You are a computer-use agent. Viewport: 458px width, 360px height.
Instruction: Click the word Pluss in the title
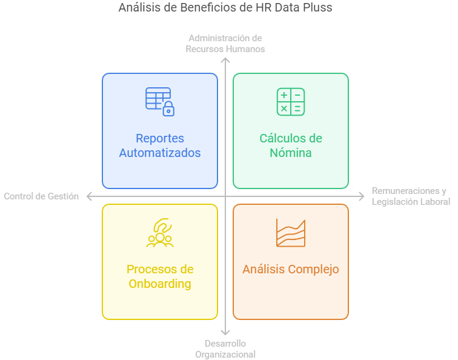pyautogui.click(x=318, y=8)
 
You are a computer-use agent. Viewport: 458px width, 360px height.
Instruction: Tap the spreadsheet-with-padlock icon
pyautogui.click(x=160, y=101)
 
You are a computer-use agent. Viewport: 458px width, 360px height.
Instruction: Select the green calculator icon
pyautogui.click(x=291, y=101)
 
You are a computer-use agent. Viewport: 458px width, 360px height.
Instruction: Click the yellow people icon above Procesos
pyautogui.click(x=160, y=233)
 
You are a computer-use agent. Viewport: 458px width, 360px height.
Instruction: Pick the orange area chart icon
pyautogui.click(x=291, y=233)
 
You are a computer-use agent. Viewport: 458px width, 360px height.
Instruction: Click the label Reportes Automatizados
pyautogui.click(x=160, y=145)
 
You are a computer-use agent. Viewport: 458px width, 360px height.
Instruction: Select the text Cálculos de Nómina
pyautogui.click(x=291, y=145)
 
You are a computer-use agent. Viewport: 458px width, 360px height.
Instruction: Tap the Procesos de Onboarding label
pyautogui.click(x=160, y=276)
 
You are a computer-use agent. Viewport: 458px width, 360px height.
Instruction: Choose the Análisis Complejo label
pyautogui.click(x=291, y=269)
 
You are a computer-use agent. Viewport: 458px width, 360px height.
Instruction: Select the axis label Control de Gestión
pyautogui.click(x=41, y=196)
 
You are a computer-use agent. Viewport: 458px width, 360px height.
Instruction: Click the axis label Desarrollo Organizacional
pyautogui.click(x=225, y=349)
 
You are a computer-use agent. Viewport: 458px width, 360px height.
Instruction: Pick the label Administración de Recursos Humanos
pyautogui.click(x=225, y=44)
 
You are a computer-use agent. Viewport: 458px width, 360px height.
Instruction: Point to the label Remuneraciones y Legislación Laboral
pyautogui.click(x=411, y=196)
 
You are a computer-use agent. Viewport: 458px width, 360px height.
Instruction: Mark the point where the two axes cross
pyautogui.click(x=225, y=196)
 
